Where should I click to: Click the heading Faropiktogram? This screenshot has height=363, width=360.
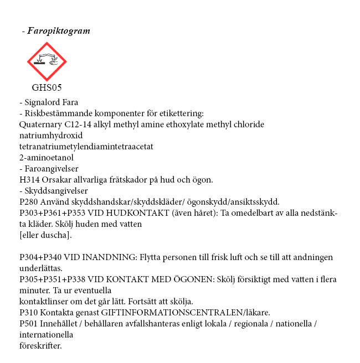(x=58, y=31)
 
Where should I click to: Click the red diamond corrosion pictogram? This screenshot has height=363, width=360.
(x=47, y=61)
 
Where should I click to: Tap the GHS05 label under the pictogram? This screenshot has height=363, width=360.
(x=47, y=87)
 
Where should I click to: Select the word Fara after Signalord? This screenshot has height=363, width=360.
(x=70, y=102)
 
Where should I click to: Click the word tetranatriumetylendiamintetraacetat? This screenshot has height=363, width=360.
(x=86, y=147)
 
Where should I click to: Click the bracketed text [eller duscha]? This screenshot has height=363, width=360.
(x=45, y=235)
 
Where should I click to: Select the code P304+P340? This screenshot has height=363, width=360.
(x=40, y=257)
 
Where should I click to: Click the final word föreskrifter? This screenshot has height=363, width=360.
(x=40, y=346)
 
